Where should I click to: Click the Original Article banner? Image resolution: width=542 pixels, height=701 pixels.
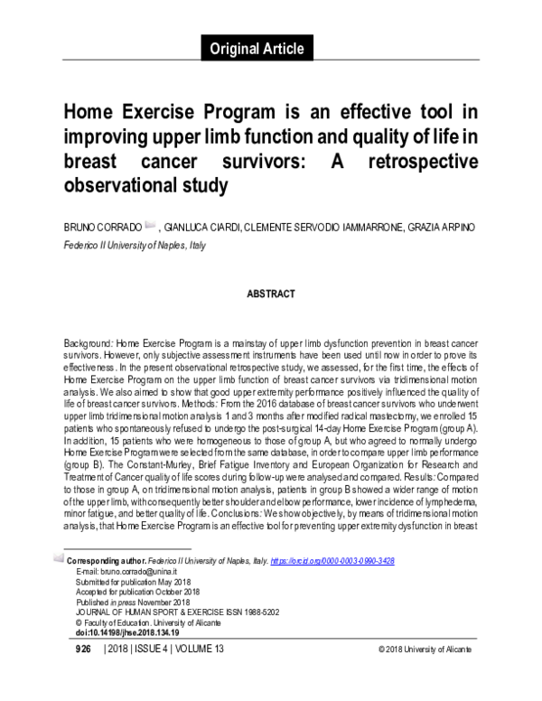coord(257,49)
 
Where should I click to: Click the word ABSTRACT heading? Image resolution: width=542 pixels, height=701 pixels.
coord(271,294)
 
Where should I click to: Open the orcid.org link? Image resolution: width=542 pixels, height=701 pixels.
coord(335,561)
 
